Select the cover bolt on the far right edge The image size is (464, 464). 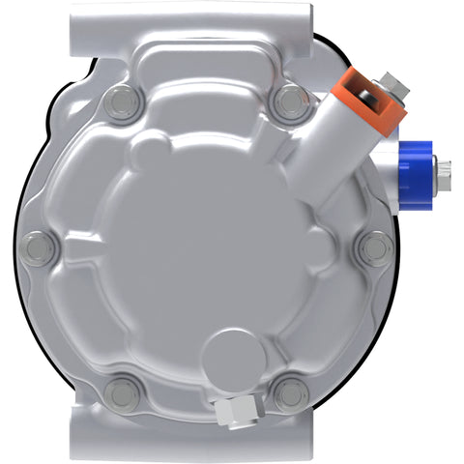tap(372, 249)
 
